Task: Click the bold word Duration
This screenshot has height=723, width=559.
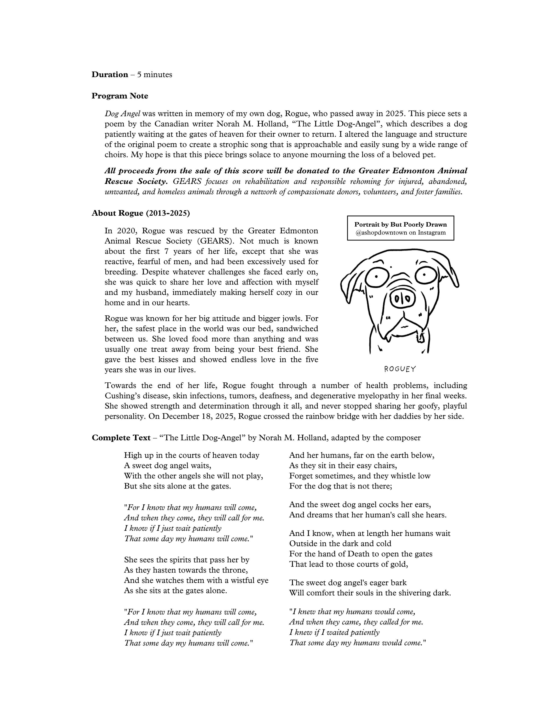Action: [x=110, y=74]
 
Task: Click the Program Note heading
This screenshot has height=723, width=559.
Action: [x=120, y=96]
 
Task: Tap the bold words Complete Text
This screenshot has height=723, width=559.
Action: [x=121, y=438]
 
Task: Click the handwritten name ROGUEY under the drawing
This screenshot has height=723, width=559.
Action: [x=400, y=369]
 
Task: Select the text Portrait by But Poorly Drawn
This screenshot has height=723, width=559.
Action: [x=400, y=224]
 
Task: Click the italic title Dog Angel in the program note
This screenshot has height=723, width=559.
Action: [x=123, y=114]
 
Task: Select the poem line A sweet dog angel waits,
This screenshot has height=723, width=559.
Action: [x=167, y=466]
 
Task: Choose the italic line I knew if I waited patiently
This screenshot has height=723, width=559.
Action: [x=334, y=632]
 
